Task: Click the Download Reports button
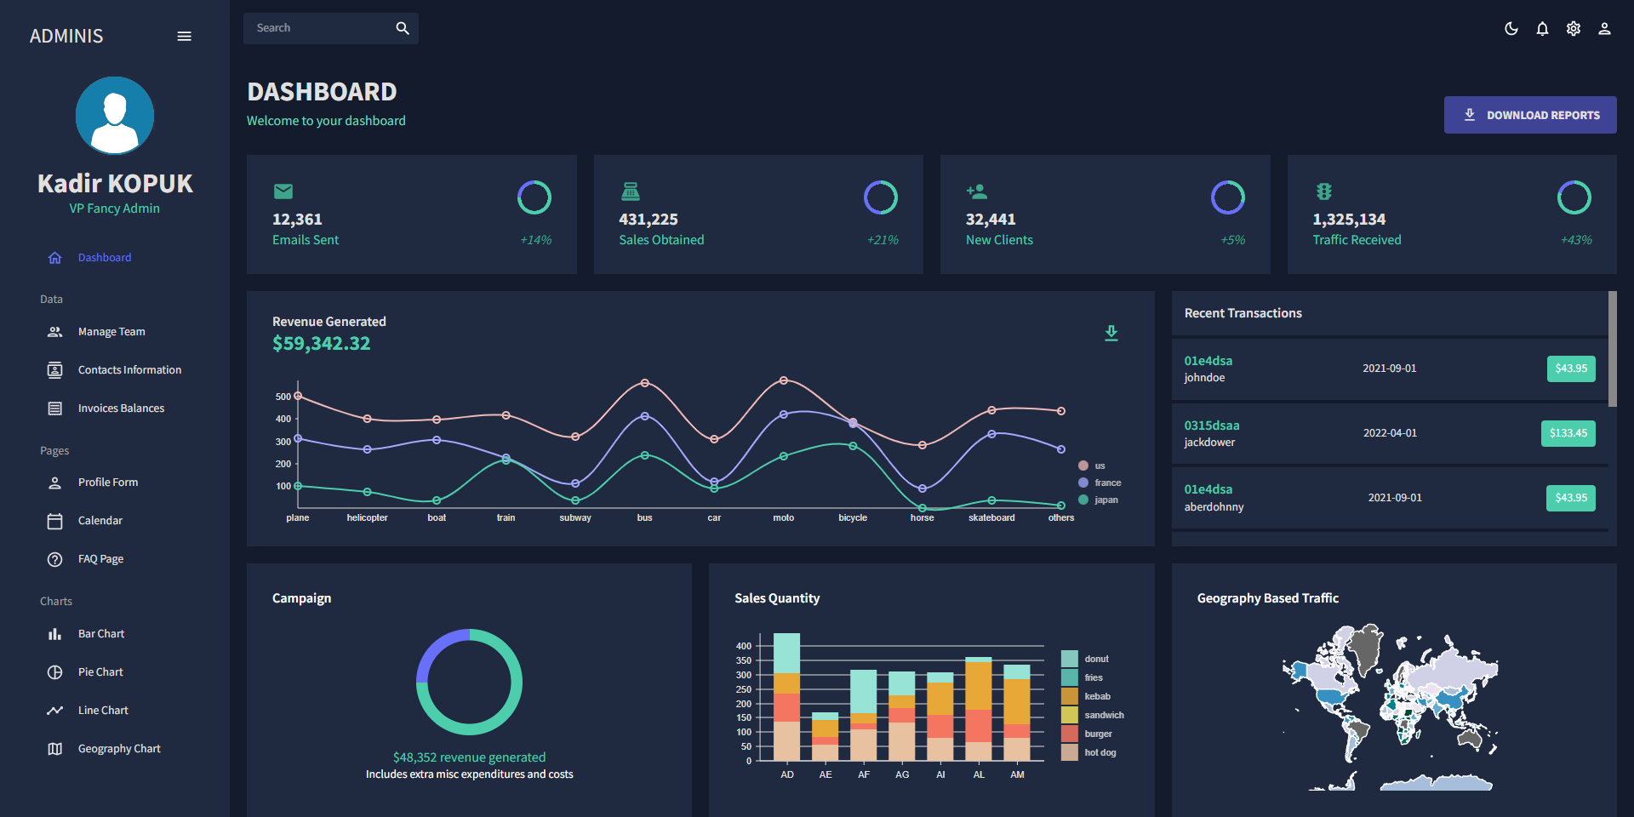[1529, 115]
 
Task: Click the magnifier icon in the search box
[403, 28]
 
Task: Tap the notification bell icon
[1542, 29]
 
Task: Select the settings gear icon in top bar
[1574, 29]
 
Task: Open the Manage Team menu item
[111, 332]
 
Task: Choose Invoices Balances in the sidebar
[121, 408]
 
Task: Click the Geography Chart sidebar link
[119, 749]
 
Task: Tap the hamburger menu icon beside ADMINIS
[184, 36]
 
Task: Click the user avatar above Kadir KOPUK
[115, 116]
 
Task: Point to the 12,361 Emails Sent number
[297, 220]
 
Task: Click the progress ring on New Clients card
[1227, 197]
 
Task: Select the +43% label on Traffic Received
[1575, 240]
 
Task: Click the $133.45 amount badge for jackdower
[1568, 433]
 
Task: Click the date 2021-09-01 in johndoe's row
[1389, 369]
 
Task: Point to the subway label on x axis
[575, 517]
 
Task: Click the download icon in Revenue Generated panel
[1111, 333]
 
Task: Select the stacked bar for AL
[979, 709]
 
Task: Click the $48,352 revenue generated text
[469, 757]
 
